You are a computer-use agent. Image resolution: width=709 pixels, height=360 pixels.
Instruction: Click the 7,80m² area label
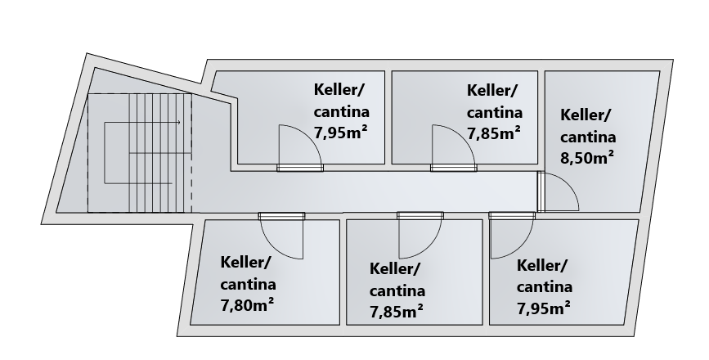click(247, 305)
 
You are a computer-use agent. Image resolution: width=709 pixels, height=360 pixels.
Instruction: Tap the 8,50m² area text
click(587, 158)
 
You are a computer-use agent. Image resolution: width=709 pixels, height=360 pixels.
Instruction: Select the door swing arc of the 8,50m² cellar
click(562, 191)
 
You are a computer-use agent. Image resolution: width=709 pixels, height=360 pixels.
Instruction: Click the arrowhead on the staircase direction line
click(178, 122)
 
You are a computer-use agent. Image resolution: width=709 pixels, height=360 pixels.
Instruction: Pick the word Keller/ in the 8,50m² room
click(585, 115)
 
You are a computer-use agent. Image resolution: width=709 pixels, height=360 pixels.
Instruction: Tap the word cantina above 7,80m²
click(248, 284)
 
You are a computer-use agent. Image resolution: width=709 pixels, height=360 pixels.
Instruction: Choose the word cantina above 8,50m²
click(588, 137)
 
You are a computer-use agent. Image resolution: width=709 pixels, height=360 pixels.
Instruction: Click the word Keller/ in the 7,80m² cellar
click(245, 263)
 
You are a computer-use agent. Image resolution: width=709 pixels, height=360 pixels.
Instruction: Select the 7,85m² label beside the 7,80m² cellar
click(396, 312)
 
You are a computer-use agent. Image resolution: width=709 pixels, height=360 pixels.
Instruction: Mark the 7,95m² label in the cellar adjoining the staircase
click(340, 133)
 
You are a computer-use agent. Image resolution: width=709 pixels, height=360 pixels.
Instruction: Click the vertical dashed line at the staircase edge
click(191, 153)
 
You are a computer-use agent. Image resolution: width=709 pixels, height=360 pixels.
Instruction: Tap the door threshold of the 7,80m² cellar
click(281, 216)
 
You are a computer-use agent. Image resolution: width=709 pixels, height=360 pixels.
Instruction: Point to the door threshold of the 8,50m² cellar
click(541, 191)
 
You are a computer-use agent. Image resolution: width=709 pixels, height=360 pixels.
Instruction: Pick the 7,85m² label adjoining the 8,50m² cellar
click(493, 133)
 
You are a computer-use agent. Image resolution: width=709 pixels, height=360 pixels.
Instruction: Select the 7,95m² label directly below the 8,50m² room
click(543, 308)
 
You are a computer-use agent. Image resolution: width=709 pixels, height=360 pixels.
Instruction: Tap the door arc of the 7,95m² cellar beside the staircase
click(300, 145)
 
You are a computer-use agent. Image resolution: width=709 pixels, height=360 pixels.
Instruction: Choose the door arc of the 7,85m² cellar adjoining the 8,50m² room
click(454, 145)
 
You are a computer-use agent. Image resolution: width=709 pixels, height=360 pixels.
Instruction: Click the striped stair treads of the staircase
click(160, 153)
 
